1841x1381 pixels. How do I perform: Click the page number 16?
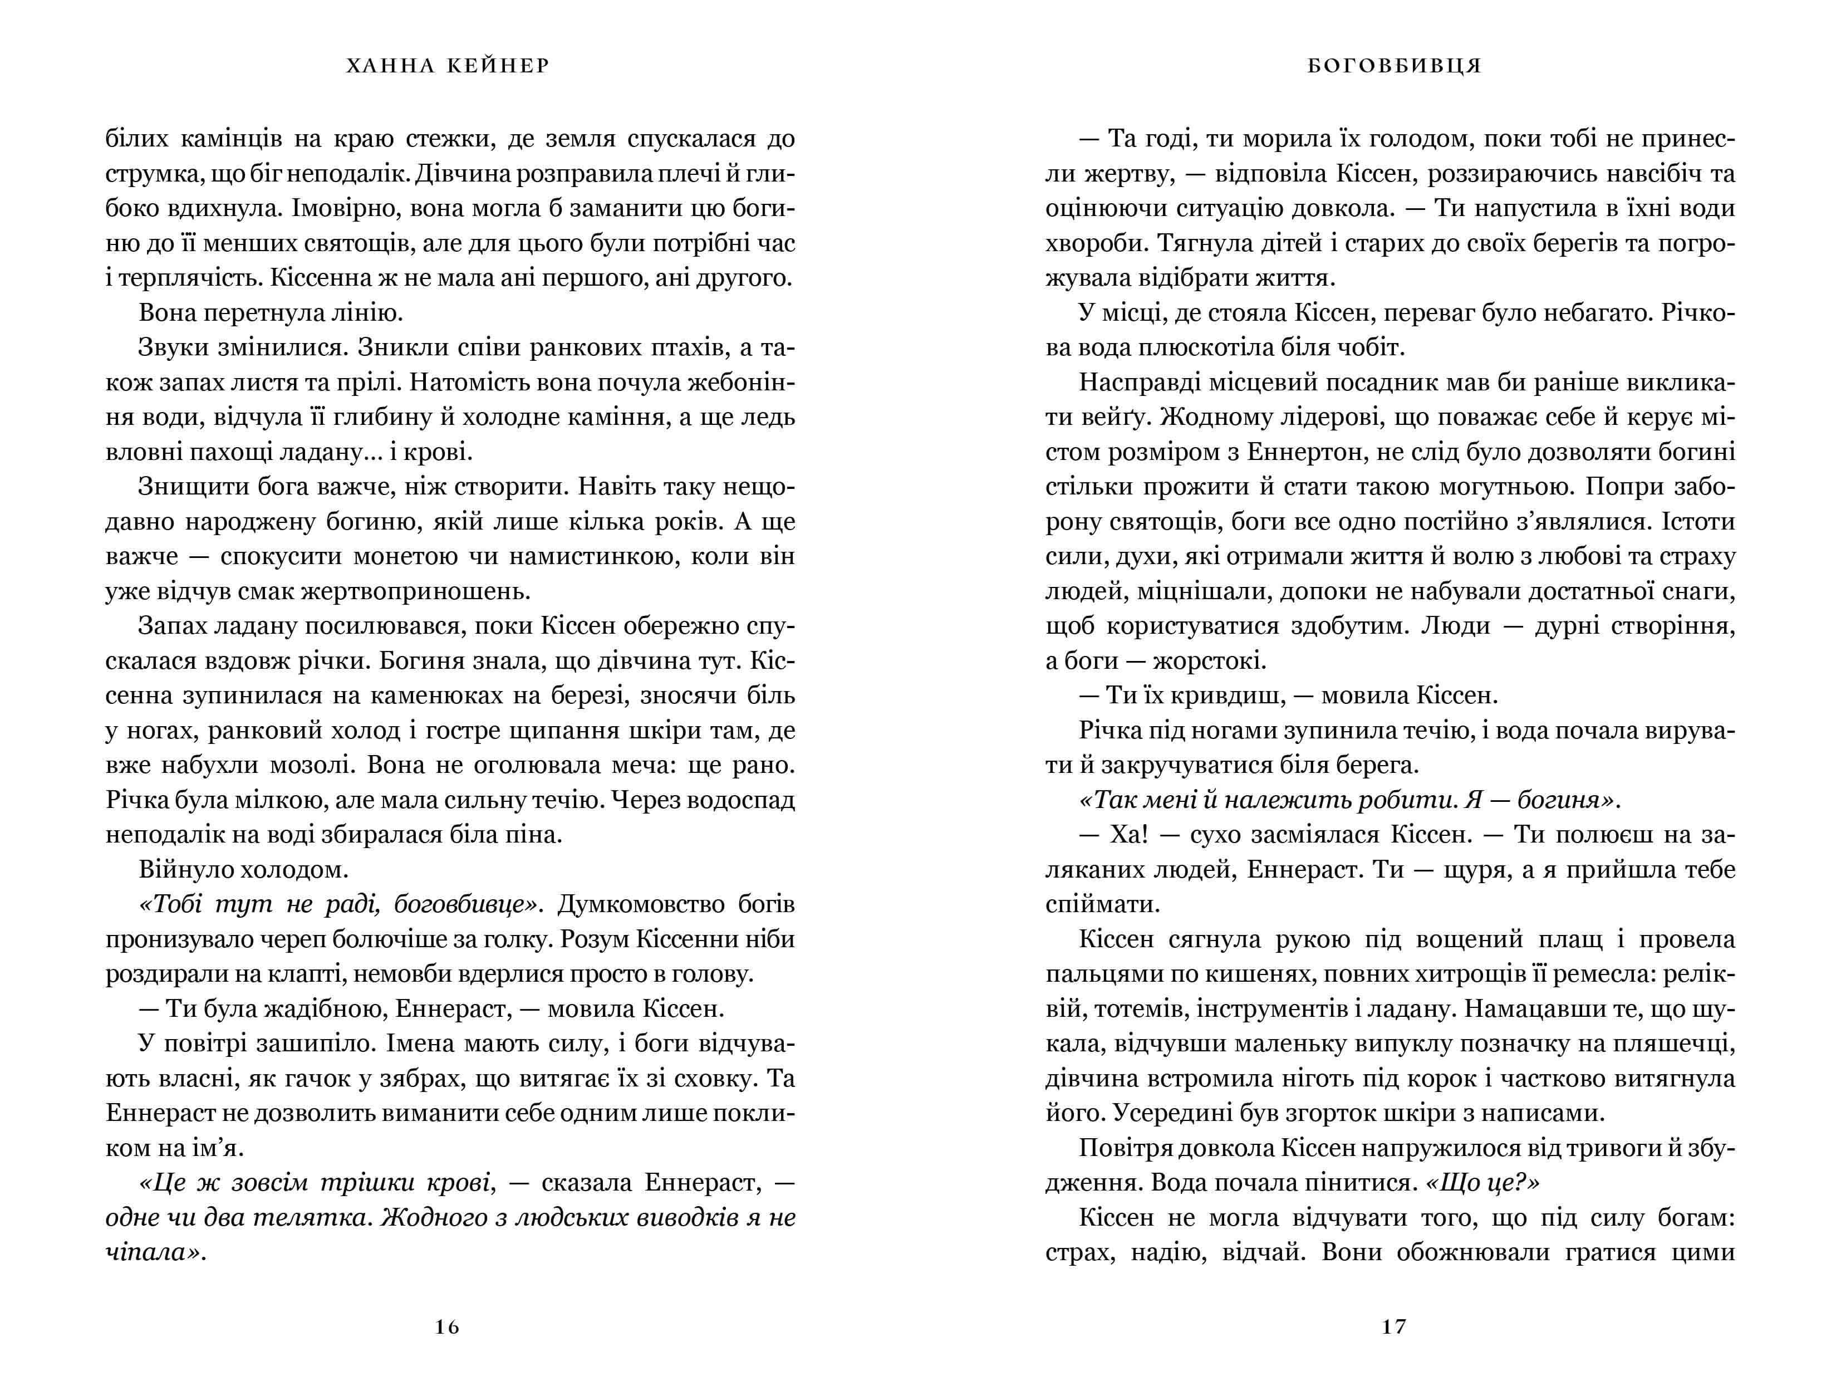(447, 1327)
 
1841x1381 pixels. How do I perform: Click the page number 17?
(1393, 1327)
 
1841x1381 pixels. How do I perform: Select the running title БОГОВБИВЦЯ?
(1395, 66)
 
